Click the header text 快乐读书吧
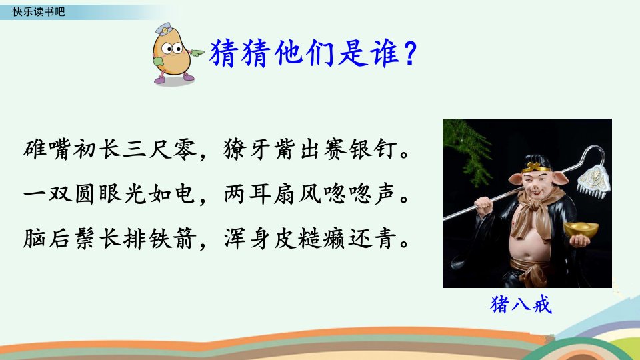[x=39, y=11]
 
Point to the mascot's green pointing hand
[x=196, y=53]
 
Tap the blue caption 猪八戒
[x=521, y=305]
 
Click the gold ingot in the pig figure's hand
[x=581, y=230]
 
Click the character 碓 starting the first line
[x=35, y=149]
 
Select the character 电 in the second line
[x=185, y=194]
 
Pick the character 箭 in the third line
[x=185, y=238]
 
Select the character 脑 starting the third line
[x=35, y=238]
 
